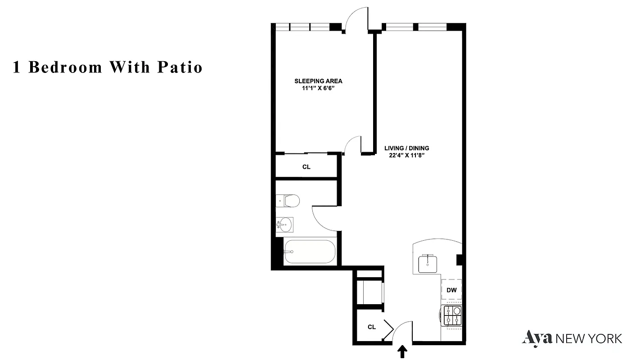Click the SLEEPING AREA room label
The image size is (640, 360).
click(318, 81)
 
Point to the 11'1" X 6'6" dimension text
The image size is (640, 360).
click(318, 89)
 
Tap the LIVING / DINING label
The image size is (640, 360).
click(406, 148)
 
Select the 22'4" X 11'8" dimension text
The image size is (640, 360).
click(406, 156)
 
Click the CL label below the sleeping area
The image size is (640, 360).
click(306, 167)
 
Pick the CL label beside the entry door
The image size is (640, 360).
click(371, 327)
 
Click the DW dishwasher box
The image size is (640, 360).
click(451, 290)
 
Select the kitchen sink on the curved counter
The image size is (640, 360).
click(427, 263)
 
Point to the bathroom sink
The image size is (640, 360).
click(285, 224)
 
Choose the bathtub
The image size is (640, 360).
click(310, 252)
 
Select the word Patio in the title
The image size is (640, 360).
click(180, 67)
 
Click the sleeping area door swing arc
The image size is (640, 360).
click(353, 145)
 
